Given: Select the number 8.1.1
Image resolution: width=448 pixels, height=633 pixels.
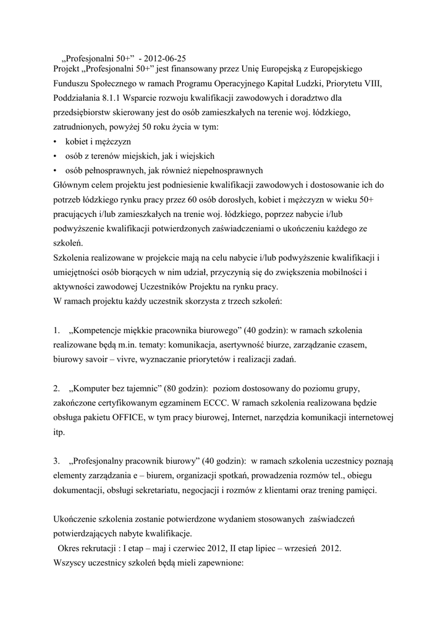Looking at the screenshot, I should click(111, 98).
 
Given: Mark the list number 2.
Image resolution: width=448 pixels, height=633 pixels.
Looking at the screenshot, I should click(56, 389).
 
